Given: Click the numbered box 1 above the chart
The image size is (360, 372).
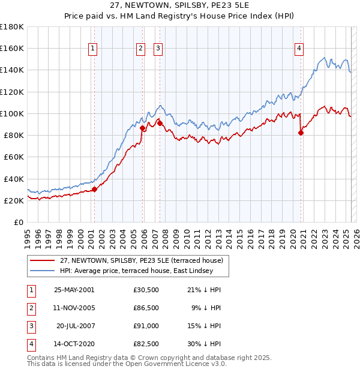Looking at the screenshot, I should tap(94, 49).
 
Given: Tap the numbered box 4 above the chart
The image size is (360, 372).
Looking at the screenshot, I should tap(299, 49).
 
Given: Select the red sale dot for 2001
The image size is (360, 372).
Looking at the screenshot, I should tap(94, 190).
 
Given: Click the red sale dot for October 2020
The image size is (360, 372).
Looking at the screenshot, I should tap(301, 133).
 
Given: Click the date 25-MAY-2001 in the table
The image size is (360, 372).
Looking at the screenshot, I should tap(74, 290).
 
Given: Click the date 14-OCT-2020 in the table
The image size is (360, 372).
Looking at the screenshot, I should tap(74, 344).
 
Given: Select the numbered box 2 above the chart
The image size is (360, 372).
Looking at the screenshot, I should tap(140, 49).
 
